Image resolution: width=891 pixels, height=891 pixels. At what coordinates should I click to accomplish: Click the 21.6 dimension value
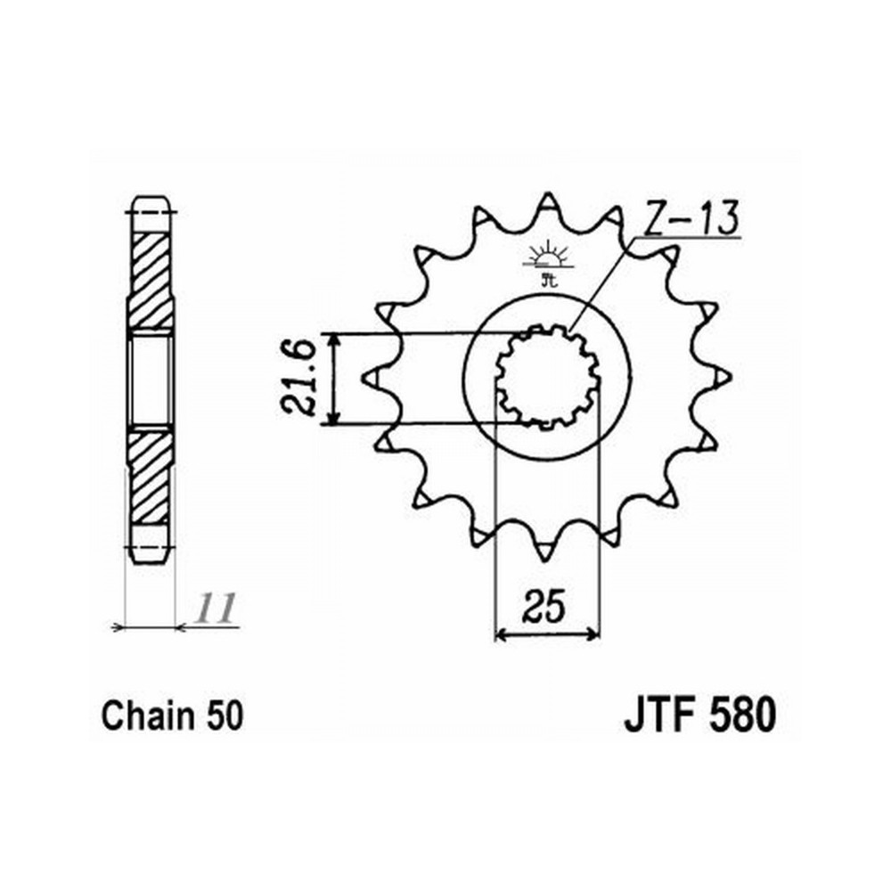coord(298,379)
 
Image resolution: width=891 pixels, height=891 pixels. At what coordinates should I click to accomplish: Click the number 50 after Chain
coord(225,716)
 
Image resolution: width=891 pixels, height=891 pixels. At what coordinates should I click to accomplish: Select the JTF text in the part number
coord(661,716)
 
